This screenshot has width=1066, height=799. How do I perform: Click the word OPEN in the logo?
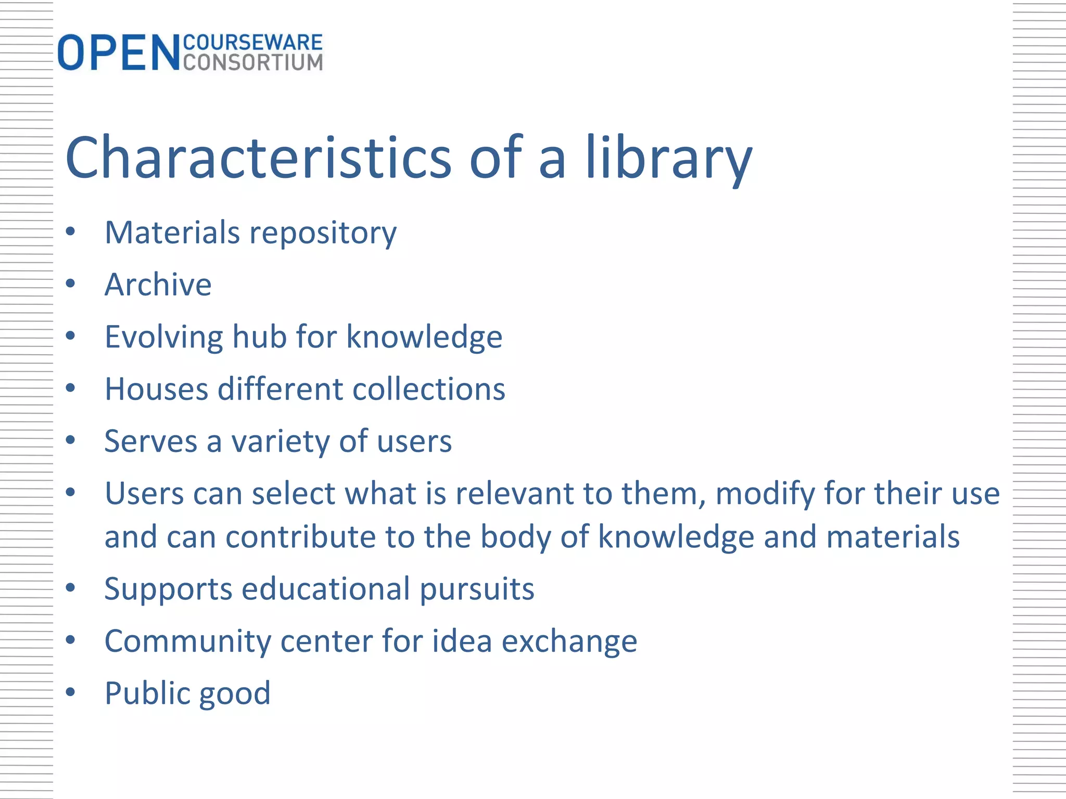click(119, 53)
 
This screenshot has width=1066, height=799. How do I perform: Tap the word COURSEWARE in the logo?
click(253, 43)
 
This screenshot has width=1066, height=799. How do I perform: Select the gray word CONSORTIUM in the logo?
click(253, 62)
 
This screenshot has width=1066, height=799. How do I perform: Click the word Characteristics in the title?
click(258, 157)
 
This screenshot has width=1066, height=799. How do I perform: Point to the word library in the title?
click(669, 157)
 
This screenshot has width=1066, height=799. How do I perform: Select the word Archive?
click(158, 285)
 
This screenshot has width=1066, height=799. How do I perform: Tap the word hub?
click(259, 337)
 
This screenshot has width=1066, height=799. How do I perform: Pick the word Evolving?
click(163, 337)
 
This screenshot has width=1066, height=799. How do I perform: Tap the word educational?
click(326, 589)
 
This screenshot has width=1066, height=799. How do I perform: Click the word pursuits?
click(477, 589)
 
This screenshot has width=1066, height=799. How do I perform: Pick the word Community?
click(188, 641)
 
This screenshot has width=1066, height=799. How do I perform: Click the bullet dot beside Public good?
click(71, 692)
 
